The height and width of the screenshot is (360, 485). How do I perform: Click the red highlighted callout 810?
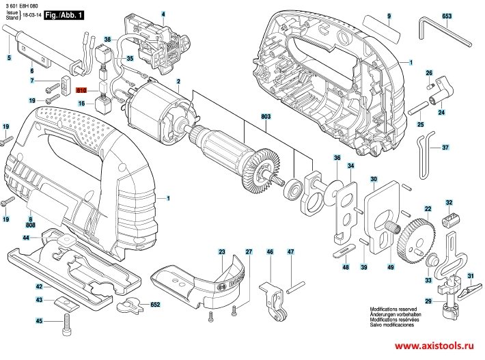[x=81, y=90]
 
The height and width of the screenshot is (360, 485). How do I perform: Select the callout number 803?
[x=266, y=117]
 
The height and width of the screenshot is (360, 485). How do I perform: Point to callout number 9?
[x=388, y=15]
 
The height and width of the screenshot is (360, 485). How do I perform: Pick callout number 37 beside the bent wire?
[x=445, y=148]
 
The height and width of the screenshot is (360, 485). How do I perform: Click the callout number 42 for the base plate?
[x=39, y=287]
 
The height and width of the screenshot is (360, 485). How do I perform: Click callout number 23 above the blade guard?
[x=221, y=253]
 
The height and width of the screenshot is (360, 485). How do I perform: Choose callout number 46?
[x=270, y=253]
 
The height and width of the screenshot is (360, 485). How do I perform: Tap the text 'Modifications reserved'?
[x=393, y=309]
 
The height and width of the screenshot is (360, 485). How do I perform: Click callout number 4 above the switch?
[x=163, y=14]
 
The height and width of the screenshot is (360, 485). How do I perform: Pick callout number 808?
[x=30, y=224]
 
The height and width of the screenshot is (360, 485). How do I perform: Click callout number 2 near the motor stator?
[x=178, y=82]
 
